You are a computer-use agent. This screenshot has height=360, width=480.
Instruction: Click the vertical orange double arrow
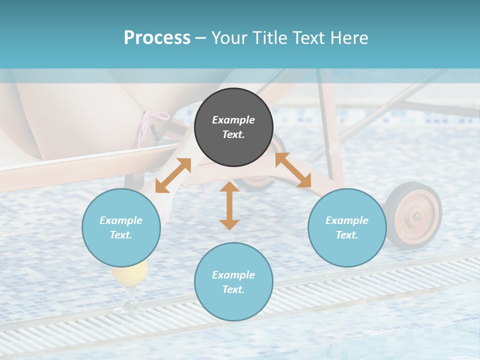click(229, 205)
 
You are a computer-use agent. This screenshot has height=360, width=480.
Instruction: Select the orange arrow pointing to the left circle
click(173, 175)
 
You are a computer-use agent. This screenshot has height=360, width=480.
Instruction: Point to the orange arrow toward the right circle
click(293, 170)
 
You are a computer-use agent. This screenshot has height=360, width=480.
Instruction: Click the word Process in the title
click(157, 37)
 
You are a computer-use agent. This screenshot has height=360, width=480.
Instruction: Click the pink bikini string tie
click(150, 125)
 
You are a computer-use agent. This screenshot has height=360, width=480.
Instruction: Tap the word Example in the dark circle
click(233, 120)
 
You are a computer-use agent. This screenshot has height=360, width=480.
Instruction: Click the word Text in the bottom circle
click(232, 289)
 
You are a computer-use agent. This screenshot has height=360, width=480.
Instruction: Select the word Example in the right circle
click(347, 220)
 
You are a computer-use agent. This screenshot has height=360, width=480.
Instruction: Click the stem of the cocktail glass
click(129, 297)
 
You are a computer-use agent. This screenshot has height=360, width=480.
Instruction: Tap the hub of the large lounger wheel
click(416, 216)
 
